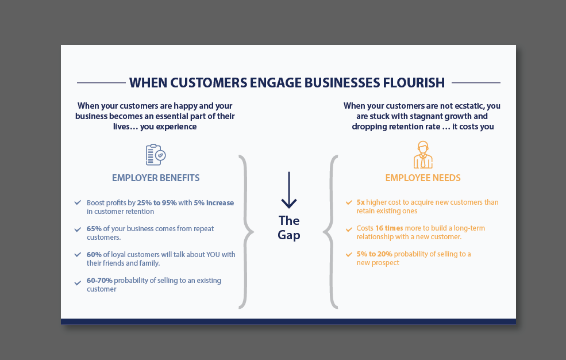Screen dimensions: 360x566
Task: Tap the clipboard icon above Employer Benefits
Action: pos(155,155)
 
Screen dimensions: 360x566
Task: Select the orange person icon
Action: pos(423,154)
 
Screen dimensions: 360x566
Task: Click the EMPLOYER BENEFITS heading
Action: pos(156,178)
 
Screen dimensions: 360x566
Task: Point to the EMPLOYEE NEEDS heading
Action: pos(423,178)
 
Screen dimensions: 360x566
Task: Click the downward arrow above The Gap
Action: pos(288,190)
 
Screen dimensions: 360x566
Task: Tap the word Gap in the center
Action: pos(289,235)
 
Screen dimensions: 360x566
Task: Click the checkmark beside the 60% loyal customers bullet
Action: pos(78,254)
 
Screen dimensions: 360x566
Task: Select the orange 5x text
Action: pos(360,202)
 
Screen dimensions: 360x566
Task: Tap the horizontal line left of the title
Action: pos(101,83)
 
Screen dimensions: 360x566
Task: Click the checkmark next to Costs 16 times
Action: pos(349,229)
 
